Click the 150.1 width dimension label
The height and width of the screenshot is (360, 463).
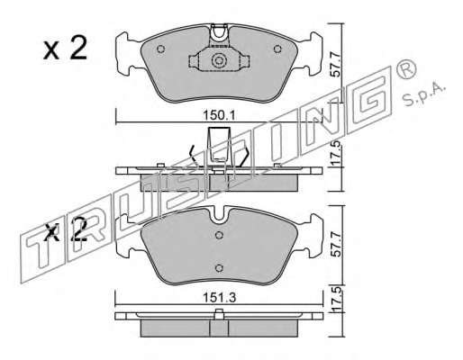pos(220,115)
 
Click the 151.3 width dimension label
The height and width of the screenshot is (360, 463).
pos(220,298)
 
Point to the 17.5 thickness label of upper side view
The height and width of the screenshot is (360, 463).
pos(336,153)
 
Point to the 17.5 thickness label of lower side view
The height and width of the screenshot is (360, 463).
pos(336,299)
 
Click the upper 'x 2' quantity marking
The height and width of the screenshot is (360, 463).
pos(65,48)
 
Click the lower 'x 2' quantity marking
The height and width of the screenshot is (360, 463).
pos(65,230)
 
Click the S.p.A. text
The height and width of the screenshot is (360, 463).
pos(422,94)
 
